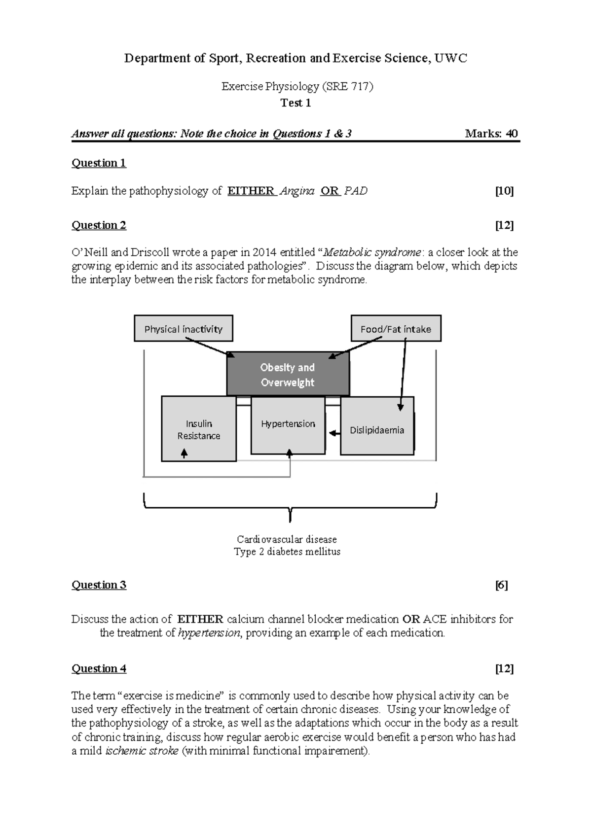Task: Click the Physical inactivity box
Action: click(183, 329)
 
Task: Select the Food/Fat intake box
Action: click(396, 329)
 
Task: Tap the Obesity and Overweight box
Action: click(288, 374)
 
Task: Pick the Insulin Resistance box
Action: click(199, 429)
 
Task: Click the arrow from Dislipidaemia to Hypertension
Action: click(335, 433)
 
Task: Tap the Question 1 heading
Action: click(99, 163)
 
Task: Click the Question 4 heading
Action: click(99, 668)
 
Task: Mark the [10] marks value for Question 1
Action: click(504, 191)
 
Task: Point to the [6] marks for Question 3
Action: click(502, 585)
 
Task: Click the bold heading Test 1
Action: click(296, 103)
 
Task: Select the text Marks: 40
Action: click(491, 134)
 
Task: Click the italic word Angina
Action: click(296, 191)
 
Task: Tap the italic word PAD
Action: click(356, 191)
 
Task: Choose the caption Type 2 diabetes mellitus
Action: click(287, 552)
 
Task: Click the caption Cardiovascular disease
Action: click(287, 539)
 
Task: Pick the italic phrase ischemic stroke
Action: click(142, 751)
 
